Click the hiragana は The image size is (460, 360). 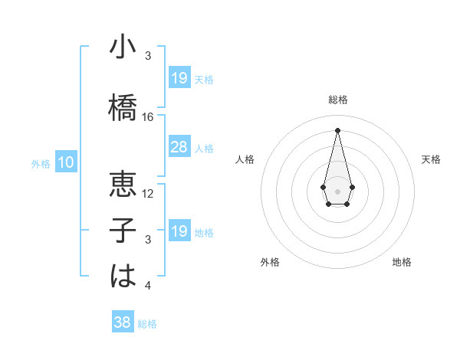point(123,276)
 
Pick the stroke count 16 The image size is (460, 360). point(148,117)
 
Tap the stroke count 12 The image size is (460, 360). point(148,194)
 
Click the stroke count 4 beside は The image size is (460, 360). point(148,286)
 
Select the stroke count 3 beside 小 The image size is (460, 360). point(148,56)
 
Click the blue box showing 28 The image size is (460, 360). point(179,147)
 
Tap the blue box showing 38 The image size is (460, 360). point(123,322)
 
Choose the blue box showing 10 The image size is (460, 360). point(66,162)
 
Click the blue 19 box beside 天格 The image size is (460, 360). point(179,78)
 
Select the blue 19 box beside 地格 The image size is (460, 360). point(179,231)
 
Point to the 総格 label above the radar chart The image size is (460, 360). point(337,100)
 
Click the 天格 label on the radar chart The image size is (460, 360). point(432,159)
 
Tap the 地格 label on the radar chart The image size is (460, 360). point(402,262)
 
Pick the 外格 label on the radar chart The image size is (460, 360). point(270,262)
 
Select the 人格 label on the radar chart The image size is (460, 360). point(245,159)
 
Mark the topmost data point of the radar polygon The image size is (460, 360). point(337,129)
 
